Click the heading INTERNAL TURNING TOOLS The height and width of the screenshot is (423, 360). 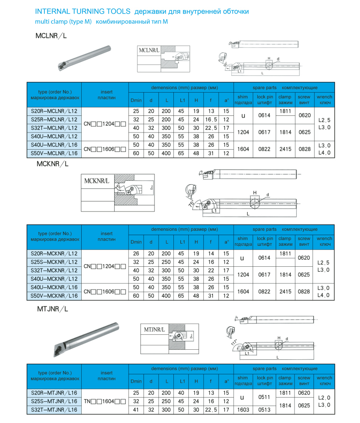point(82,11)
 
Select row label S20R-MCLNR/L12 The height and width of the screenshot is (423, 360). point(54,111)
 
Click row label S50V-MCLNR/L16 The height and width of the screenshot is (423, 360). point(54,153)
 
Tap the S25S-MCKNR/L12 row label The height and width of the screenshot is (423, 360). point(54,262)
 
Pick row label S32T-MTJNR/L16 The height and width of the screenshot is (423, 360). point(54,409)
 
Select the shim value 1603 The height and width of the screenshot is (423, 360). point(243,409)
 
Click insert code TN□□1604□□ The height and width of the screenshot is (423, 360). point(105,401)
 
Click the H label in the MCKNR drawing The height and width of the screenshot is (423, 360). point(254,193)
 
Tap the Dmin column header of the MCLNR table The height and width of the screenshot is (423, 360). point(136,100)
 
